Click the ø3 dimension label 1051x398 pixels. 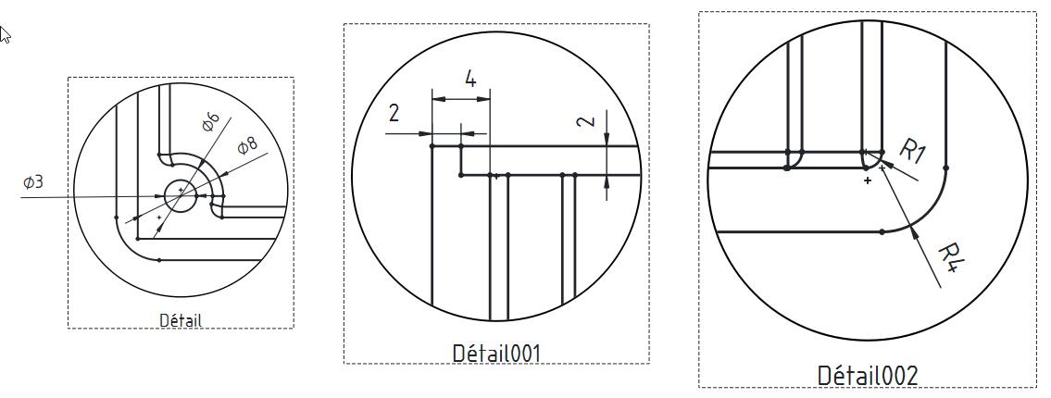(32, 181)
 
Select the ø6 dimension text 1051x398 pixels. (210, 120)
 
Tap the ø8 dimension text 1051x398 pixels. (246, 145)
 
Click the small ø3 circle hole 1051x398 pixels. (181, 195)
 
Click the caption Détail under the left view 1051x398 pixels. (181, 319)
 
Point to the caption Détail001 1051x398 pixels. (496, 353)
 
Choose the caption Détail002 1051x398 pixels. (868, 376)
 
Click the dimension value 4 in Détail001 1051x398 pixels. (470, 80)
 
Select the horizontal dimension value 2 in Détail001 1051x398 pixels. (394, 113)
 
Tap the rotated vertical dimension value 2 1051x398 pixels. (586, 121)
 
